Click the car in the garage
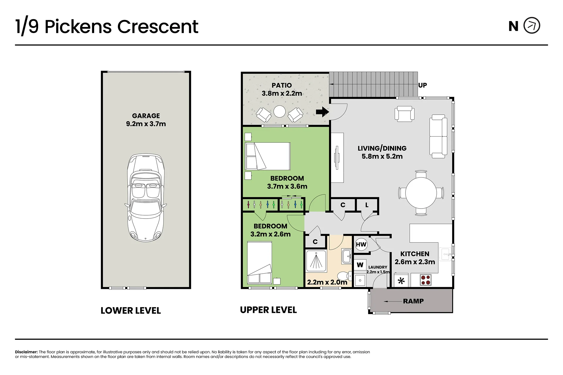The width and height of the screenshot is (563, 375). [146, 197]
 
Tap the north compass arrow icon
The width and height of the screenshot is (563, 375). [532, 26]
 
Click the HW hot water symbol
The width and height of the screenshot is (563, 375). [361, 245]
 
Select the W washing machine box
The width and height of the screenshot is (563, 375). [360, 265]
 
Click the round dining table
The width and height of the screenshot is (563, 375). [421, 193]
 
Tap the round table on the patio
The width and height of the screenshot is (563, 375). [279, 111]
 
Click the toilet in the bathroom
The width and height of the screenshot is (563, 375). [344, 276]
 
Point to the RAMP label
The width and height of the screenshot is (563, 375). [413, 301]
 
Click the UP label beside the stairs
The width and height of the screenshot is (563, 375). [423, 85]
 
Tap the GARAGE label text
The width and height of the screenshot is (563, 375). [146, 116]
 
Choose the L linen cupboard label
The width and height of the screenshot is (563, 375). [367, 205]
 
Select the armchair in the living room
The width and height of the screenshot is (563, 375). [405, 113]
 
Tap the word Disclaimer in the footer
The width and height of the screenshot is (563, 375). [26, 352]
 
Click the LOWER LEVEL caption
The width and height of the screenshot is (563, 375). [131, 311]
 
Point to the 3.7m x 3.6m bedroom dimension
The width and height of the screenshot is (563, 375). [287, 186]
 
